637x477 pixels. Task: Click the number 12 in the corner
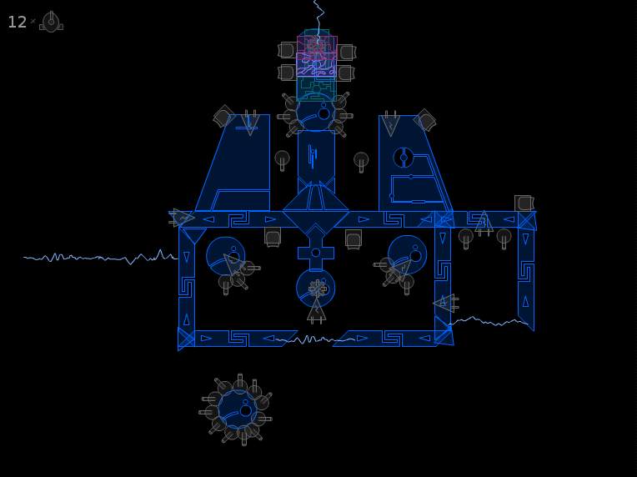tap(17, 22)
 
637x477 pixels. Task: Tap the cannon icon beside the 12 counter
tap(51, 22)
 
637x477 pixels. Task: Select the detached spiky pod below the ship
tap(237, 409)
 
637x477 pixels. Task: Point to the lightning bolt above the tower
tap(318, 19)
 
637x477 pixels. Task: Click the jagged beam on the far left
tap(100, 257)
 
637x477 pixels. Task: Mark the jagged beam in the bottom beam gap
tap(315, 339)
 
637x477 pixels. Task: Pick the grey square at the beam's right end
tap(524, 203)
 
